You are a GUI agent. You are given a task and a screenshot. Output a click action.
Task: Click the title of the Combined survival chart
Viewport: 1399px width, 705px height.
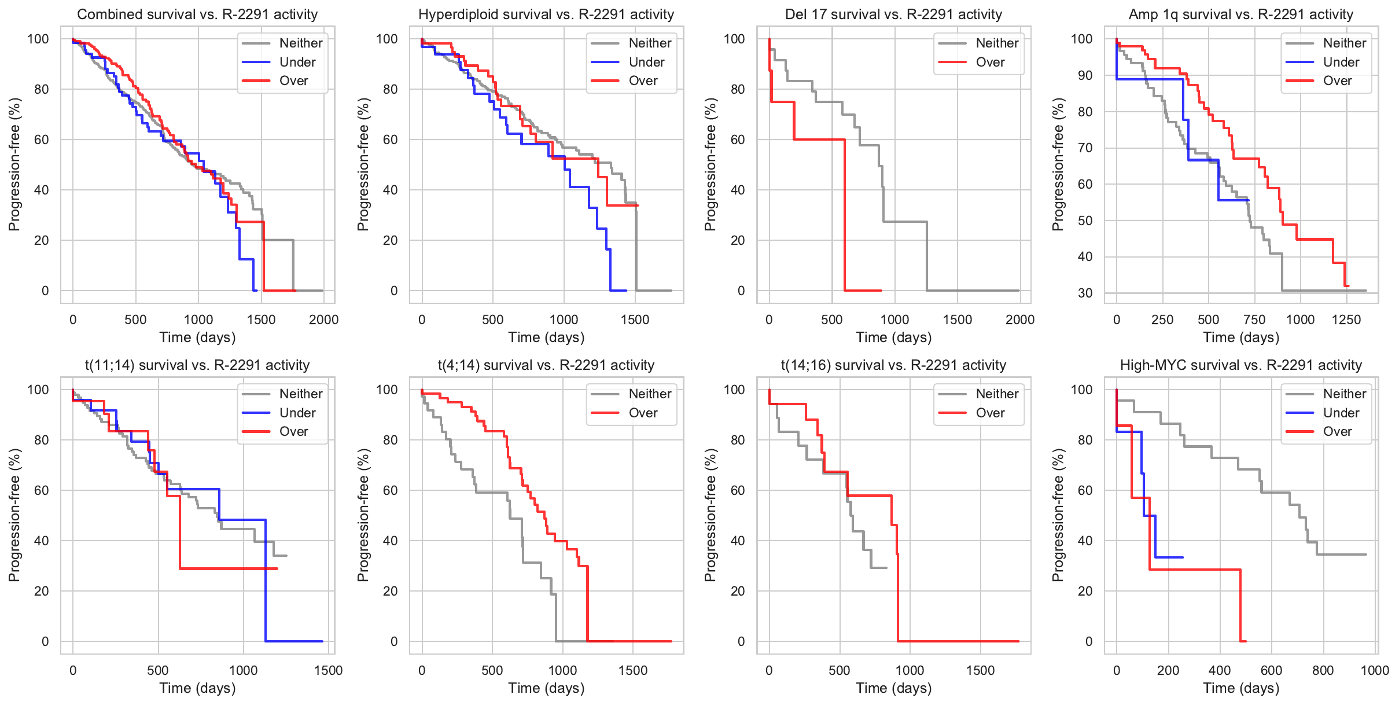(197, 14)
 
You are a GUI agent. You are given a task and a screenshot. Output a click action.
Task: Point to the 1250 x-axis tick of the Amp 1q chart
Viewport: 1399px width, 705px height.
(1346, 320)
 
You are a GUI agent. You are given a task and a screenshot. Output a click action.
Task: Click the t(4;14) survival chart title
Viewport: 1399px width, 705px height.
(546, 365)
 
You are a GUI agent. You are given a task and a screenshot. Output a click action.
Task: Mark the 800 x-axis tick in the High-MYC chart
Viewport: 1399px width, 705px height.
(1323, 670)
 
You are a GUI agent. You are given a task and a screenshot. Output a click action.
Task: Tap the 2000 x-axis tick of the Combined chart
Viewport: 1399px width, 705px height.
(323, 320)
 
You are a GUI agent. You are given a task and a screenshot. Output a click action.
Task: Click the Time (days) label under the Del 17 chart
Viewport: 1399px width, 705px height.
(893, 337)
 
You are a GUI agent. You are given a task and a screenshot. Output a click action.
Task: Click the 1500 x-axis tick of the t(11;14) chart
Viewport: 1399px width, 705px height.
(328, 670)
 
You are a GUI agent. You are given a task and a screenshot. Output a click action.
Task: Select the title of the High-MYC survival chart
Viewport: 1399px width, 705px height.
(1240, 365)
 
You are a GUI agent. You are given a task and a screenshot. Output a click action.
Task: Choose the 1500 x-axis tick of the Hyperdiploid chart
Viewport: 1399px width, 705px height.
(635, 320)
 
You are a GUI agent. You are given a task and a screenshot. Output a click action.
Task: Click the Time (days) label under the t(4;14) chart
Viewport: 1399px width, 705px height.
(546, 688)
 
